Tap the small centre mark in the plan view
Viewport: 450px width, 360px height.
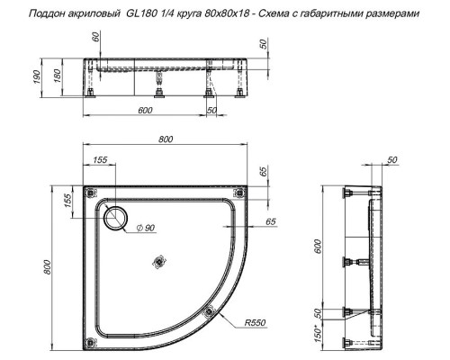pos(161,262)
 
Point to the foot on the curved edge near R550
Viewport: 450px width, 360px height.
pos(211,312)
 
